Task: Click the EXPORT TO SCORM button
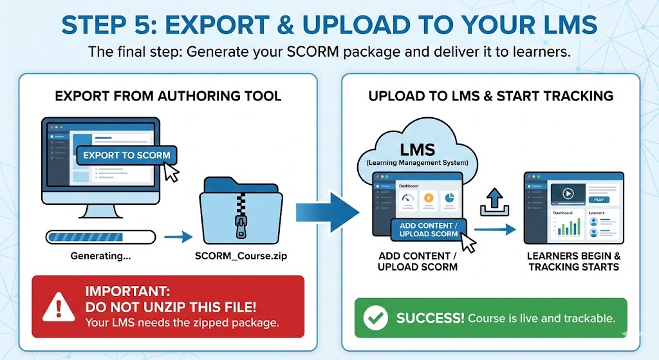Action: [x=127, y=155]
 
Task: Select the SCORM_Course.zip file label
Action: [x=241, y=256]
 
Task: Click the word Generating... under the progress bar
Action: [x=100, y=256]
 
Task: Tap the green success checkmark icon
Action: [x=376, y=318]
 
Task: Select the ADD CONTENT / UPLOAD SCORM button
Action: [x=429, y=230]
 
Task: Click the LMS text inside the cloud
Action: [x=418, y=149]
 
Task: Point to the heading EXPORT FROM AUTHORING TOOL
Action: [x=168, y=97]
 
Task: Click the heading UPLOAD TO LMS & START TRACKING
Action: [x=490, y=97]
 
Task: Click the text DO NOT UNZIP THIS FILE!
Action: [x=170, y=307]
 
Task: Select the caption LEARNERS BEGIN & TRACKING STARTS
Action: [x=573, y=261]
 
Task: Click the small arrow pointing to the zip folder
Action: [x=178, y=237]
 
